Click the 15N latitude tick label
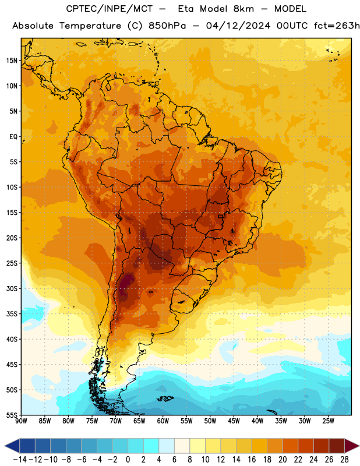(12, 61)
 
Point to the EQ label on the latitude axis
(13, 137)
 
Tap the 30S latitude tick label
(12, 288)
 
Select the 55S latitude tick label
(12, 415)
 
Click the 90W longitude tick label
(21, 421)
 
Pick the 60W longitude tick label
(163, 421)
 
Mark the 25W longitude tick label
(328, 421)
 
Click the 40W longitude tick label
(257, 421)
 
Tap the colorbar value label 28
(344, 460)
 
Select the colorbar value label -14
(20, 460)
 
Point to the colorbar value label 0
(128, 460)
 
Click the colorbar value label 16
(252, 460)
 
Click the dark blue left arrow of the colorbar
(12, 446)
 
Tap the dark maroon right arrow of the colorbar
(352, 446)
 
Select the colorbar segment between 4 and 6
(167, 446)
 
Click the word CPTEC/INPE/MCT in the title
(109, 9)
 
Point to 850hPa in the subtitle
(167, 26)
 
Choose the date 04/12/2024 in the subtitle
(238, 26)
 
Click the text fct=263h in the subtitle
(337, 26)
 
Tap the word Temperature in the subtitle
(90, 26)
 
